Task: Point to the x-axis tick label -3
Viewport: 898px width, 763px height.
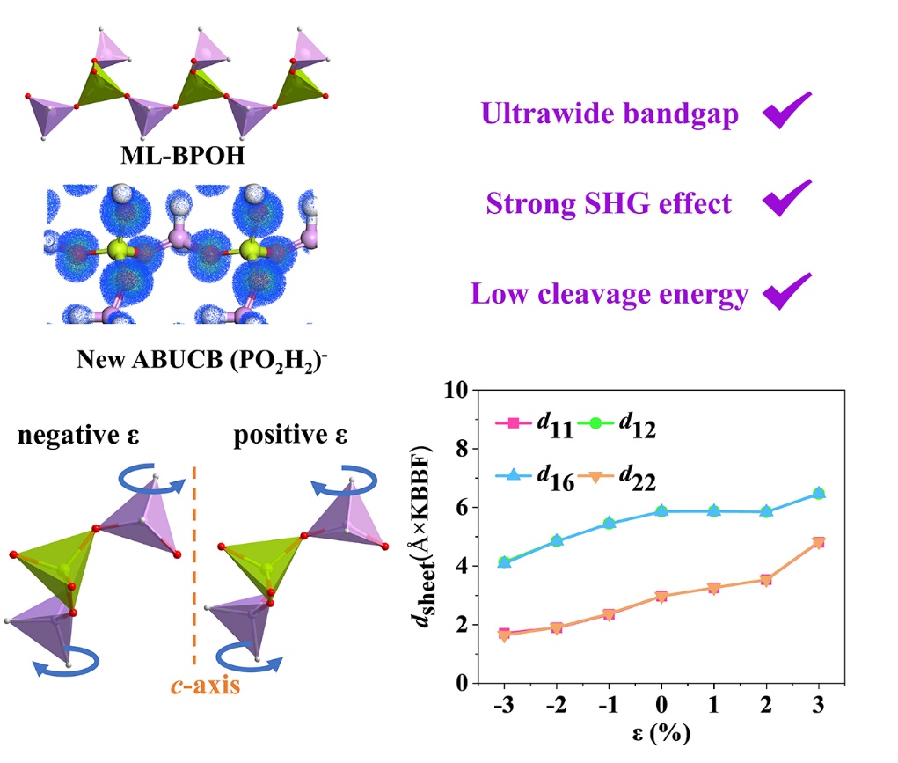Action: [504, 706]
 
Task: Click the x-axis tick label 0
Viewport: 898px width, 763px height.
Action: [661, 706]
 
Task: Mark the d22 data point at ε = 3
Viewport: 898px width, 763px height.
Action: [819, 542]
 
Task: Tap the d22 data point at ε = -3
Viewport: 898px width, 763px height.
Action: [504, 635]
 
